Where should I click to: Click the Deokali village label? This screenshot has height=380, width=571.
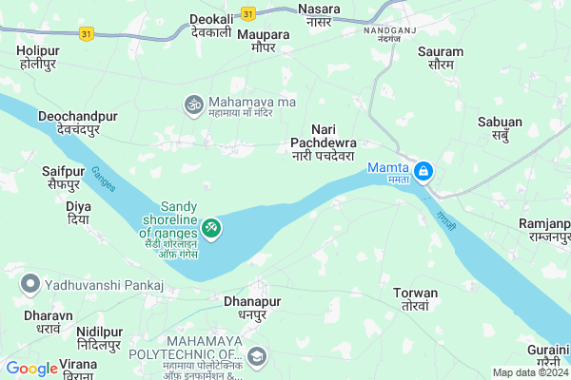point(212,25)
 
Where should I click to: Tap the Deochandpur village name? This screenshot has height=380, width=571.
point(78,122)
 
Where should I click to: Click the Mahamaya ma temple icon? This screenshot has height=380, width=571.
point(193,103)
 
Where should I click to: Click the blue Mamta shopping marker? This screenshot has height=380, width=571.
point(424,172)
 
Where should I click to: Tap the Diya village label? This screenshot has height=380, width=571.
point(78,212)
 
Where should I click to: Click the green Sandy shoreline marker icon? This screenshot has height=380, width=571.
point(211,227)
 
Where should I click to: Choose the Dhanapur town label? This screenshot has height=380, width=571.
point(251,307)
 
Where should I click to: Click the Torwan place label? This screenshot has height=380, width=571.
point(416,299)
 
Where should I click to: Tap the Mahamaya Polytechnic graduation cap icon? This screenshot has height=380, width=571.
point(258,356)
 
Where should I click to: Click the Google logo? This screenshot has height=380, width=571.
point(31,369)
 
